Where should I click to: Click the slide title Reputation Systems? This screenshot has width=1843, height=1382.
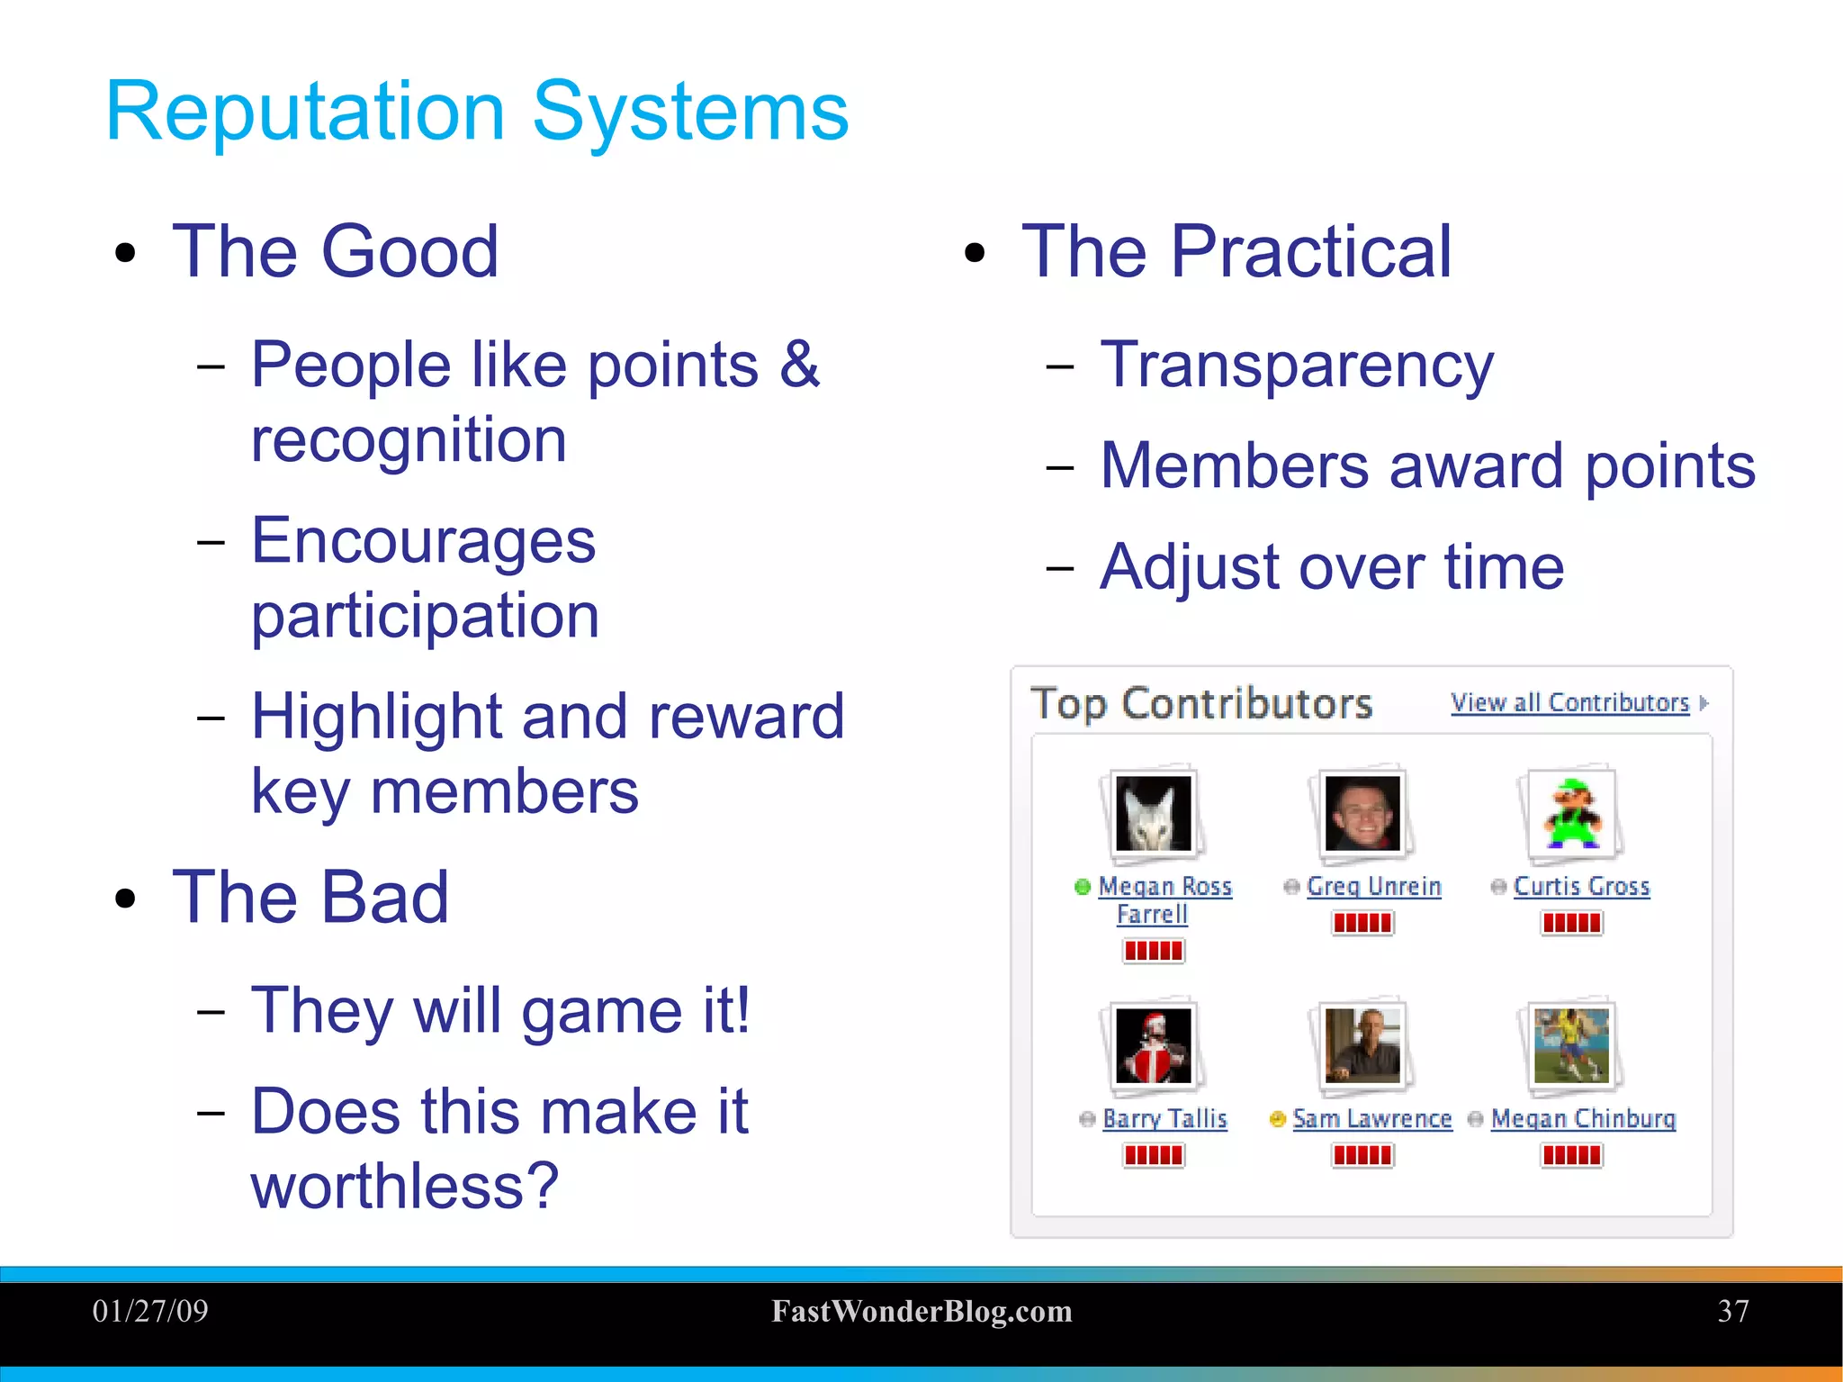pyautogui.click(x=477, y=112)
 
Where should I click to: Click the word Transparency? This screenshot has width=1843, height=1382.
pyautogui.click(x=1297, y=366)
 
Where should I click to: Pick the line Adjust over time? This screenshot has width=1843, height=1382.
pyautogui.click(x=1332, y=568)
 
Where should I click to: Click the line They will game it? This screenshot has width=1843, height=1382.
pyautogui.click(x=500, y=1011)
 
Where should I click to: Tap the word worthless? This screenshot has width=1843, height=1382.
pyautogui.click(x=405, y=1186)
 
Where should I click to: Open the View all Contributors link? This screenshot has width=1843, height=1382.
pyautogui.click(x=1569, y=702)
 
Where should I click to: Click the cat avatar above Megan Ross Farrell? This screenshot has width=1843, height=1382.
pyautogui.click(x=1153, y=813)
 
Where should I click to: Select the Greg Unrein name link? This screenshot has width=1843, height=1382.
pyautogui.click(x=1373, y=886)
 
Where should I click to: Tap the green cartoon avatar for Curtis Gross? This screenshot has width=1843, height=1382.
pyautogui.click(x=1571, y=813)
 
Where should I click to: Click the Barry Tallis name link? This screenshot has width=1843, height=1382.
pyautogui.click(x=1164, y=1118)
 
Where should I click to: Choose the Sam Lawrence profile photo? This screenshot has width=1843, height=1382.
pyautogui.click(x=1362, y=1045)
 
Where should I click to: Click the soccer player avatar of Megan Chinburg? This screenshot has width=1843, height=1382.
pyautogui.click(x=1571, y=1045)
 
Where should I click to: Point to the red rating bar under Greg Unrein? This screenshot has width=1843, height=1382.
pyautogui.click(x=1362, y=923)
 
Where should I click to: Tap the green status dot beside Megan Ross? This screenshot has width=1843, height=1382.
pyautogui.click(x=1083, y=887)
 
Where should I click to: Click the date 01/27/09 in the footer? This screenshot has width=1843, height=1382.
pyautogui.click(x=150, y=1311)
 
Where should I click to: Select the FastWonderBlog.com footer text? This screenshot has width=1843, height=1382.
pyautogui.click(x=921, y=1312)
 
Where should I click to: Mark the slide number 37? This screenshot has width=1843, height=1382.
pyautogui.click(x=1732, y=1311)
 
